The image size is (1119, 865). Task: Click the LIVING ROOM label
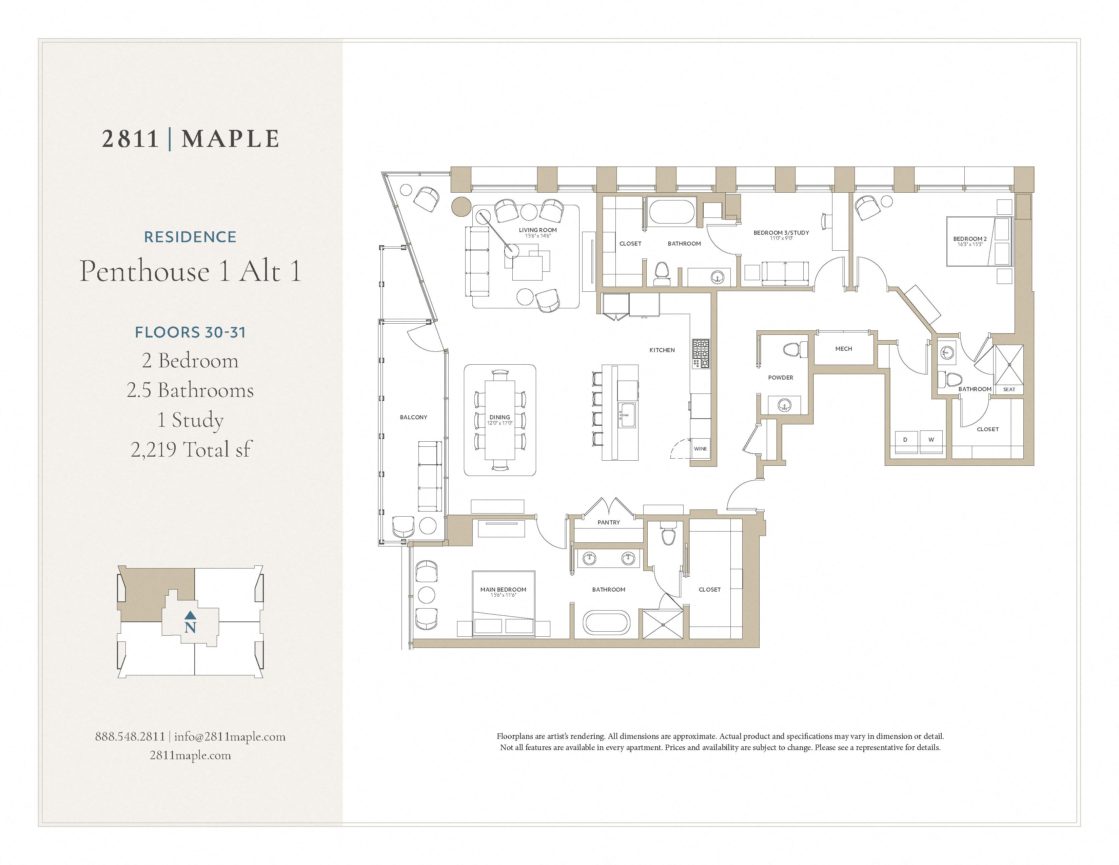click(x=537, y=230)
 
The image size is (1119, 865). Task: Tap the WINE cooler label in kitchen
click(x=701, y=448)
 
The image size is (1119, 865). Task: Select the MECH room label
click(x=843, y=348)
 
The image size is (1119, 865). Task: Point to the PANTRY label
click(x=609, y=522)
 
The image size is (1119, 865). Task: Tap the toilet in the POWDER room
click(x=791, y=350)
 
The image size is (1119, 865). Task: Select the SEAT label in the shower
click(x=1009, y=389)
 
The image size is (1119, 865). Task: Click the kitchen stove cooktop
click(x=701, y=353)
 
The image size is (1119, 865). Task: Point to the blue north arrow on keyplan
click(x=190, y=614)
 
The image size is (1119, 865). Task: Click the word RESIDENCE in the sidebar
click(x=190, y=237)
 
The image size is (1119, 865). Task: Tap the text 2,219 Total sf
click(x=191, y=449)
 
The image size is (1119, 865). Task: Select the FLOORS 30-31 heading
click(x=190, y=332)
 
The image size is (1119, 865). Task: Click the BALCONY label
click(x=413, y=417)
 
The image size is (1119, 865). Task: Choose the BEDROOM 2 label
click(x=969, y=239)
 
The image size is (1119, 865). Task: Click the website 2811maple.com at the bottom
click(x=190, y=755)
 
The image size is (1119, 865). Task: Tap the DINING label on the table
click(x=499, y=417)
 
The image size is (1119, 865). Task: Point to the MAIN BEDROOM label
click(x=503, y=589)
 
